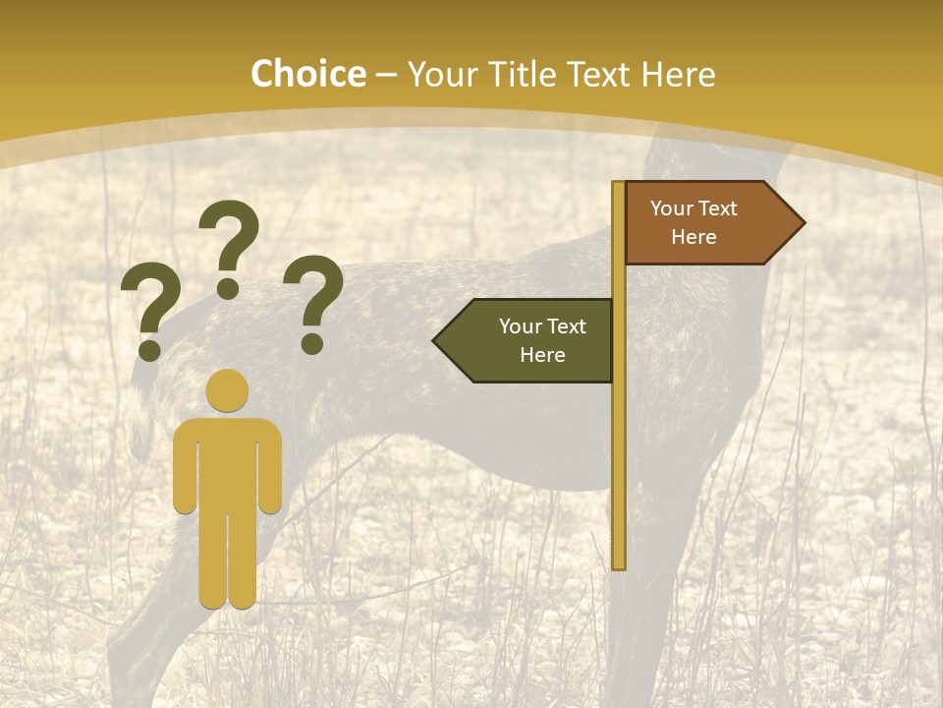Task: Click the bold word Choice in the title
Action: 307,75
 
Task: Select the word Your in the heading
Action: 439,75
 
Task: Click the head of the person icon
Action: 228,390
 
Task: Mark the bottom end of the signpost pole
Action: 619,564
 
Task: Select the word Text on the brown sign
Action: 721,208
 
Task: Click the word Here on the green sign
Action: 542,355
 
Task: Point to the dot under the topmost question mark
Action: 228,288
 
